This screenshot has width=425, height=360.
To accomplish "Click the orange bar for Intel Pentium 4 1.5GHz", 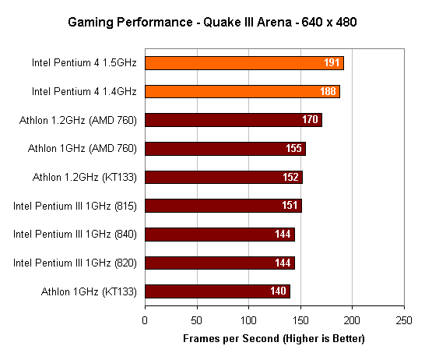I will (244, 63).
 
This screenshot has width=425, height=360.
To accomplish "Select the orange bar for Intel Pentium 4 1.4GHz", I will (242, 91).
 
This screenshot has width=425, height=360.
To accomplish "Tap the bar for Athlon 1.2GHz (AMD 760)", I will (233, 120).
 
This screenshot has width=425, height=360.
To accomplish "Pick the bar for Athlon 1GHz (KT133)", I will (217, 291).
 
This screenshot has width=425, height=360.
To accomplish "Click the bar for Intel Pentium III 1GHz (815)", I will (223, 206).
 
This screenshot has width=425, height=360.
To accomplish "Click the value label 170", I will (311, 120).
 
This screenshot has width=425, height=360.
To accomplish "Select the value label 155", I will (295, 149).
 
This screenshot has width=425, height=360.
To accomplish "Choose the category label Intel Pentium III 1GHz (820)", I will (76, 263).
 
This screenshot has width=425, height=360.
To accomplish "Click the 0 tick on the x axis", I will (145, 320).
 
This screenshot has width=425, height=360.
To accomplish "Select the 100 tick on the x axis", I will (248, 320).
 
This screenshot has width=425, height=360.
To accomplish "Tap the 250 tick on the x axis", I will (403, 320).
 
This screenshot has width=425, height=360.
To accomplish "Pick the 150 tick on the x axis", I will (300, 320).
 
